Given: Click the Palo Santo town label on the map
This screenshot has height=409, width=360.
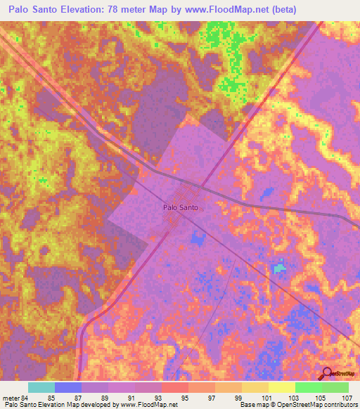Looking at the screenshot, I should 181,208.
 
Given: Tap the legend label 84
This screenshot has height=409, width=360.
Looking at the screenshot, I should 25,397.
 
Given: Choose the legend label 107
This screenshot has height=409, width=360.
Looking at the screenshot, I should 347,397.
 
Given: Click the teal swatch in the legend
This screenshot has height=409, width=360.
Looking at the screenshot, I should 41,387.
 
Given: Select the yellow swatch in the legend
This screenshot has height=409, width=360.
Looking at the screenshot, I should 281,387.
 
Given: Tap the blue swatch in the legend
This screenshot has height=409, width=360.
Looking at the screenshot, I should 68,387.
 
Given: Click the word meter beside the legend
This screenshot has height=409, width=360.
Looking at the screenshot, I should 11,397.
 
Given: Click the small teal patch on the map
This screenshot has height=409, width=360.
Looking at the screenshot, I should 280,268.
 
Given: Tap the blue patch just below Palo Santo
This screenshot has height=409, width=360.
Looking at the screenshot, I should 195,239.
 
